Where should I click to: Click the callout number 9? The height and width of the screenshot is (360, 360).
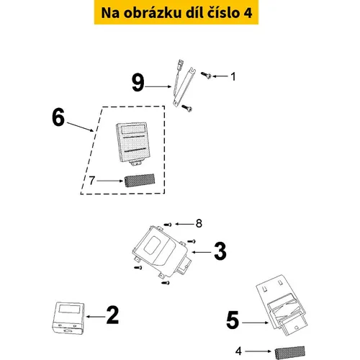[138, 83]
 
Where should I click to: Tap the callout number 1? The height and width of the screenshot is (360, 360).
[233, 76]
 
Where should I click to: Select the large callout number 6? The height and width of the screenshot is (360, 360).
[58, 117]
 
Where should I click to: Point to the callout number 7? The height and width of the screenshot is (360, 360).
[92, 181]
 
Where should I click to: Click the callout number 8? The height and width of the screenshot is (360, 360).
[199, 223]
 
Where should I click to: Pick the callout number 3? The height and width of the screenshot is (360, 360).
[220, 251]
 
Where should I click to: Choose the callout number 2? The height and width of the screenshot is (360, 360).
[112, 315]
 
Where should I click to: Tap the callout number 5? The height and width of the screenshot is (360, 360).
[233, 320]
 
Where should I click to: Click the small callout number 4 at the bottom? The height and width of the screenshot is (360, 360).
[238, 351]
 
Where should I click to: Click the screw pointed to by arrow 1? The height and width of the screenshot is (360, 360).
[207, 75]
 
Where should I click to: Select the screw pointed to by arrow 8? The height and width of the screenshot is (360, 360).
[168, 225]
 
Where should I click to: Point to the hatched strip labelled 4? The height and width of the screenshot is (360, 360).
[290, 352]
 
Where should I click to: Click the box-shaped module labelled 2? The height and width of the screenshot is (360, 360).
[68, 318]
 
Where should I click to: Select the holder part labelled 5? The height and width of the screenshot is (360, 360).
[282, 305]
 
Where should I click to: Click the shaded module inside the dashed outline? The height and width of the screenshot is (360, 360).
[132, 144]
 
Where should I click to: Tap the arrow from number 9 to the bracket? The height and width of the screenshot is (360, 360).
[158, 86]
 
